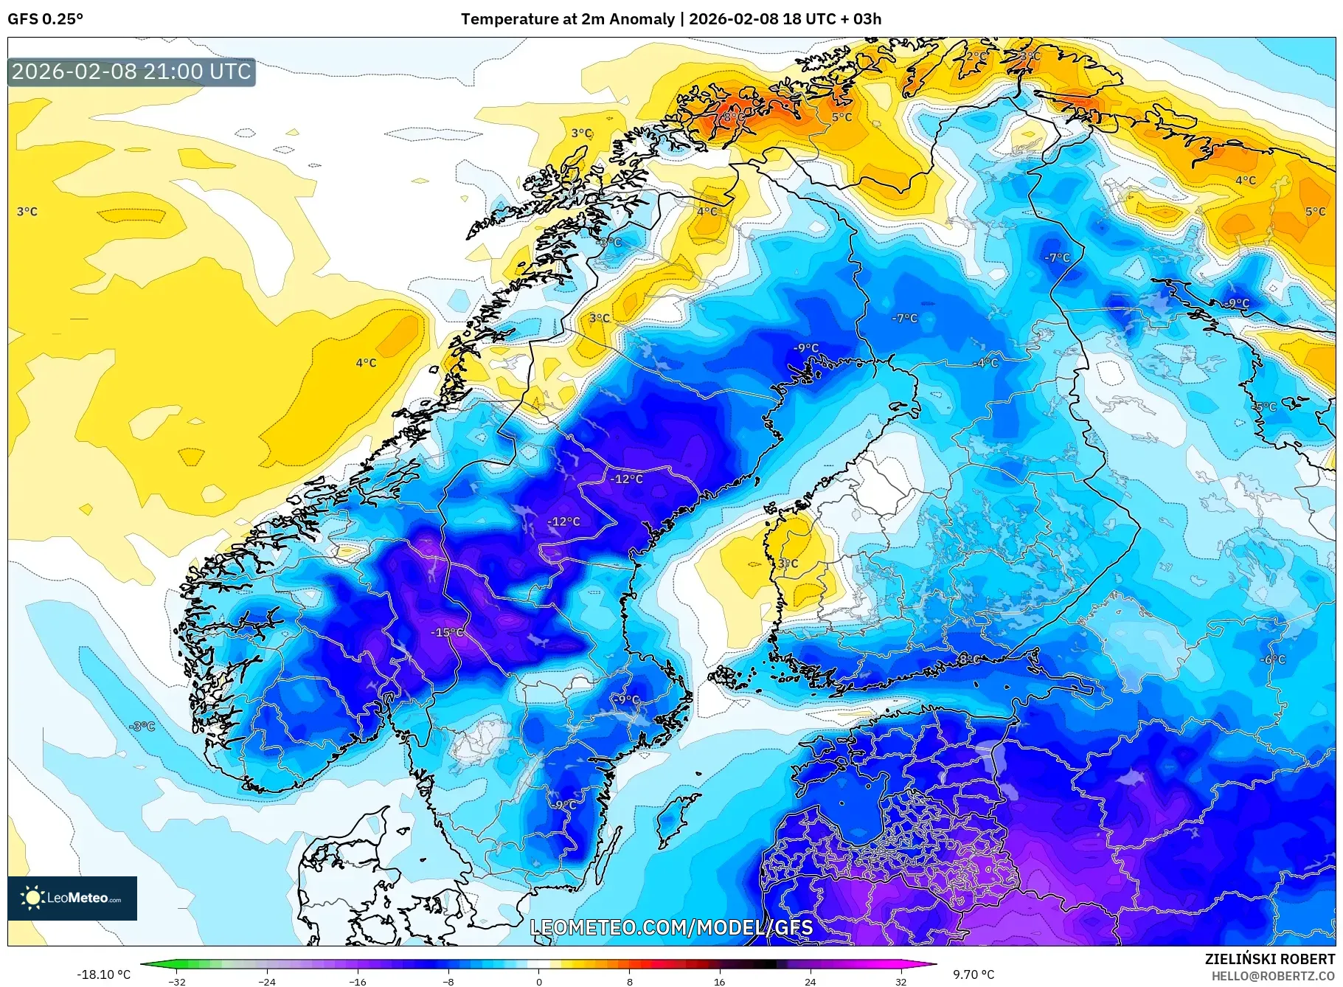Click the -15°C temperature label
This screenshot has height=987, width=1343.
(x=448, y=632)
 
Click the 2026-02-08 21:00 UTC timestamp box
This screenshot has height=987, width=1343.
(x=131, y=72)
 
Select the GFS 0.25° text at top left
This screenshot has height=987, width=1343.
(x=46, y=19)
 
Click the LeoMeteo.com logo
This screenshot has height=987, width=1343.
(x=72, y=898)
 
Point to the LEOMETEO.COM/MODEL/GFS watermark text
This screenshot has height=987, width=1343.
(x=671, y=927)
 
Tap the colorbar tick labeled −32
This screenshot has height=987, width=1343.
(x=177, y=982)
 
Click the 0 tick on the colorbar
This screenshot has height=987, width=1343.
(x=539, y=982)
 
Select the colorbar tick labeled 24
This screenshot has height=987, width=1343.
(x=810, y=982)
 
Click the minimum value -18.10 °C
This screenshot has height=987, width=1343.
(x=104, y=974)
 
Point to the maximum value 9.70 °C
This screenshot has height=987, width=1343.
(x=974, y=974)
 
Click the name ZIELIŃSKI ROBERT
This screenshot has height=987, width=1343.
(x=1269, y=959)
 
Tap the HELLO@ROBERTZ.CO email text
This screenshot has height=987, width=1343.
(x=1273, y=976)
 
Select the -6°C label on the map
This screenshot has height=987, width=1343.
(x=1272, y=659)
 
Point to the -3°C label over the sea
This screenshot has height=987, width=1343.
(x=142, y=727)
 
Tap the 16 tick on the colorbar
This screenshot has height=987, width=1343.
(x=720, y=982)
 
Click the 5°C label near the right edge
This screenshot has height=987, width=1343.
(x=1315, y=212)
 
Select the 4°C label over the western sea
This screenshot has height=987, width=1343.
(x=366, y=363)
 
